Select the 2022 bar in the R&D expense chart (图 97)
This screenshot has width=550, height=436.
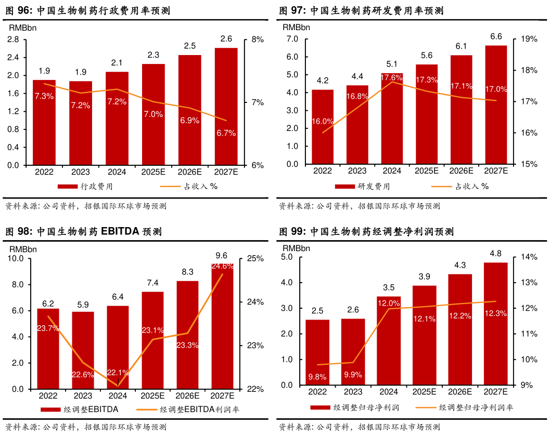pyautogui.click(x=323, y=127)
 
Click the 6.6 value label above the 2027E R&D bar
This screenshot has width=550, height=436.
pyautogui.click(x=496, y=36)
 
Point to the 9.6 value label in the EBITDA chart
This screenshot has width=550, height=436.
pyautogui.click(x=222, y=255)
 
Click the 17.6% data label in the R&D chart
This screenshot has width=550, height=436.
pyautogui.click(x=392, y=77)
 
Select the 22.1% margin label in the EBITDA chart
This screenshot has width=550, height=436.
pyautogui.click(x=118, y=372)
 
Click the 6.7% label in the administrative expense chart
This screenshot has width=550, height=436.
pyautogui.click(x=226, y=133)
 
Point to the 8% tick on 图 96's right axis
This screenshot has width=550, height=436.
pyautogui.click(x=258, y=39)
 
